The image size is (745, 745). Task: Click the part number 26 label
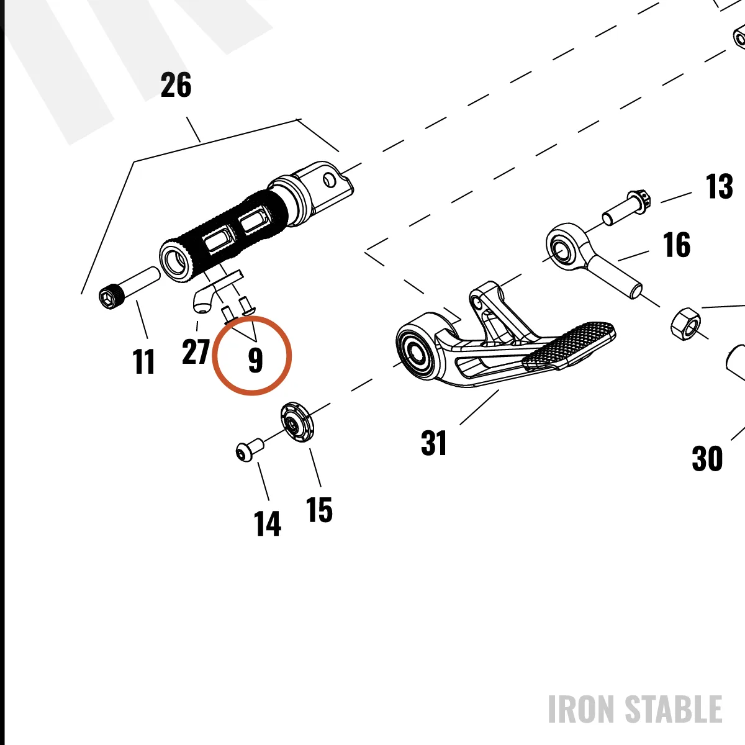pyautogui.click(x=176, y=84)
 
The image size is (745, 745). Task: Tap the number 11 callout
pyautogui.click(x=143, y=361)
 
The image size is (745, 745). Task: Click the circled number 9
pyautogui.click(x=255, y=360)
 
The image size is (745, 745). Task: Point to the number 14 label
pyautogui.click(x=267, y=523)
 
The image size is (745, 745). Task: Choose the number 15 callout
pyautogui.click(x=319, y=510)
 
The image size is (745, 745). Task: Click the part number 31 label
pyautogui.click(x=433, y=443)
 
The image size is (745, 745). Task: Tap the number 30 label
pyautogui.click(x=707, y=459)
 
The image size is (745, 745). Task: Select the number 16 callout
pyautogui.click(x=677, y=245)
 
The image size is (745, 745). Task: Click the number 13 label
pyautogui.click(x=719, y=186)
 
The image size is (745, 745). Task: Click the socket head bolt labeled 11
pyautogui.click(x=129, y=287)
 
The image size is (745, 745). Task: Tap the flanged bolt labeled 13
pyautogui.click(x=626, y=207)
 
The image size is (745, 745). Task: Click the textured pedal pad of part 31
pyautogui.click(x=568, y=345)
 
